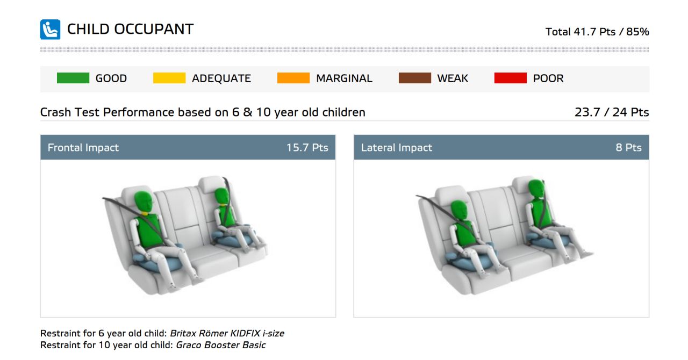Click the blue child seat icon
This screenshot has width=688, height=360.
point(50,30)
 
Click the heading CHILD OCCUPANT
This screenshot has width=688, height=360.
point(130,30)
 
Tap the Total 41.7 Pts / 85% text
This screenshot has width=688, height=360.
point(597,32)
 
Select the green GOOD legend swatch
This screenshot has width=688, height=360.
point(73,78)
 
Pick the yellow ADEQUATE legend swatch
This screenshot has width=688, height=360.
point(169,78)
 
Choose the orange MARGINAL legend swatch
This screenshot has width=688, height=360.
point(293,78)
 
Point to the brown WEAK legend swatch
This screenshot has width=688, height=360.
point(414,78)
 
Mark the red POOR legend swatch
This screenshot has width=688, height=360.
point(511,78)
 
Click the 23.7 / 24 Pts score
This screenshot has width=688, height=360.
point(612,112)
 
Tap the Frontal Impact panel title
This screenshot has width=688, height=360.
point(83,148)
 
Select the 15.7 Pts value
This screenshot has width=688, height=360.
point(307,148)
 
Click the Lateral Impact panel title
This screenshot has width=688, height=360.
point(397,148)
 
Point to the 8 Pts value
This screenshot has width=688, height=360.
point(629,148)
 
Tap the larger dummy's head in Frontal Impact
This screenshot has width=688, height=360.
point(143,202)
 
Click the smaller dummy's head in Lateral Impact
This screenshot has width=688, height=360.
point(459,211)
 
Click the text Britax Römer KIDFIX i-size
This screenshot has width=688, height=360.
point(227,333)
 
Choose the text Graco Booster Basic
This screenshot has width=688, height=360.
point(220,345)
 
